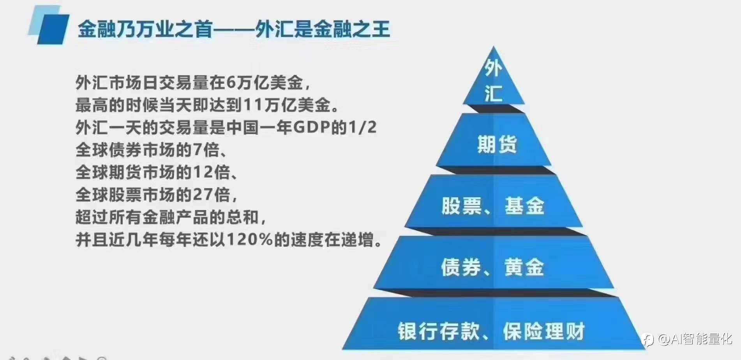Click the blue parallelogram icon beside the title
(49, 25)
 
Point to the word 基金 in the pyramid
(524, 206)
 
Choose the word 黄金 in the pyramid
(524, 268)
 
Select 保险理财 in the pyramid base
(544, 332)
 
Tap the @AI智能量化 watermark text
(695, 339)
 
